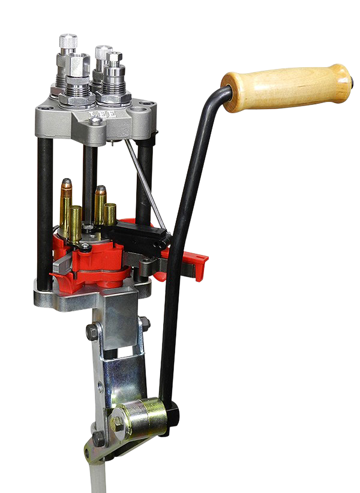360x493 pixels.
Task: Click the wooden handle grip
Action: point(288,88)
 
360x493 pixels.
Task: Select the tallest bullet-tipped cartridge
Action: point(66,205)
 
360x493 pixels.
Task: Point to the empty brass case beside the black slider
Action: point(110,214)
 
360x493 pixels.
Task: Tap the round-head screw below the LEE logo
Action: point(96,121)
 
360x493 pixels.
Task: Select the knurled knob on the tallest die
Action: point(68,41)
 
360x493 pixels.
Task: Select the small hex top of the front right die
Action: point(114,57)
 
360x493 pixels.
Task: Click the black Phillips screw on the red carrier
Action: point(85,247)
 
